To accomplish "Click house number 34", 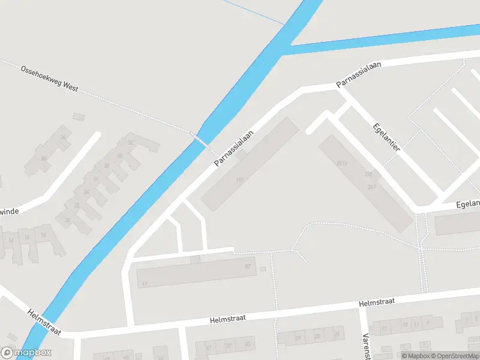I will (x=62, y=137).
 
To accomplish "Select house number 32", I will (x=130, y=142).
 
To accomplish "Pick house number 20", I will (x=68, y=220).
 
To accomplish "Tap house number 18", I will (x=43, y=236).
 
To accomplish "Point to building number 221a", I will (x=343, y=163).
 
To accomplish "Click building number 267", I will (x=372, y=187).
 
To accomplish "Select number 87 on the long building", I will (x=247, y=266).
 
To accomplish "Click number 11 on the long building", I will (x=145, y=283).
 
